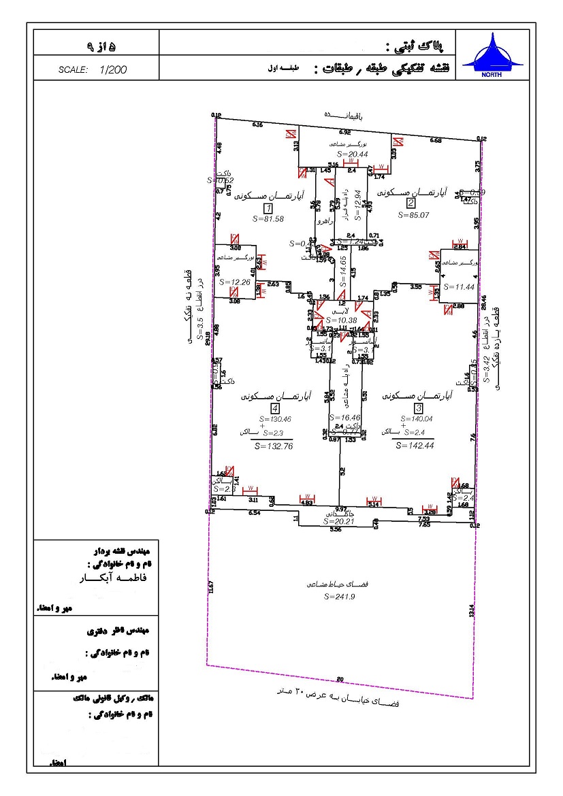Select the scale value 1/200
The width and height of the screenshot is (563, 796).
coord(113,69)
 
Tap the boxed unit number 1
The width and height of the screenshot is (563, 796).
coord(268,208)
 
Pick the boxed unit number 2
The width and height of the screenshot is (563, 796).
coord(411,203)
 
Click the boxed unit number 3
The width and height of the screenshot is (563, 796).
coord(419,408)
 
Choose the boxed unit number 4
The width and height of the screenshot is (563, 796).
coord(275,408)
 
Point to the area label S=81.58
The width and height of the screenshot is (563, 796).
coord(268,219)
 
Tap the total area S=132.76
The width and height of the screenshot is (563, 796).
coord(273,446)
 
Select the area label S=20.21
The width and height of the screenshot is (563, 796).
coord(338,522)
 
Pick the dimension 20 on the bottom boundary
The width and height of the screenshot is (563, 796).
coord(340,679)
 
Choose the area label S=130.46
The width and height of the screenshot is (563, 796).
coord(274,419)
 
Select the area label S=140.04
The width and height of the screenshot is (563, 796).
coord(419,419)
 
